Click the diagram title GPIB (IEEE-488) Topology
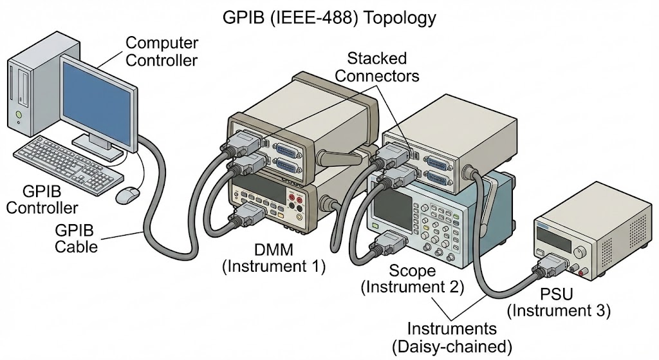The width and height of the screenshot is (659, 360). [329, 17]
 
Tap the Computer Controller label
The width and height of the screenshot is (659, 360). [161, 52]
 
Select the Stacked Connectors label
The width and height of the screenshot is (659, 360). [377, 67]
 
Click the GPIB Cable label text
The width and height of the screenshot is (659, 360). [76, 238]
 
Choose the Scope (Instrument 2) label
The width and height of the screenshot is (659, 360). [413, 279]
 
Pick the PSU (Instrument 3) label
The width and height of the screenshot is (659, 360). [558, 303]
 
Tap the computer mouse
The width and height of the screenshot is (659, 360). [129, 194]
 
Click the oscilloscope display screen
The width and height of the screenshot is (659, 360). [391, 211]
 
